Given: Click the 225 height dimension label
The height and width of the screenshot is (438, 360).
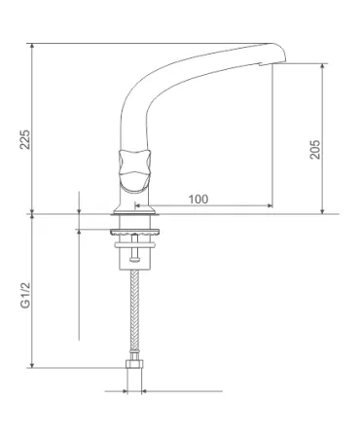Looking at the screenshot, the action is pyautogui.click(x=25, y=139).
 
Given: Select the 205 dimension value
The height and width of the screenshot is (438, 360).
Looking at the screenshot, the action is pyautogui.click(x=314, y=150).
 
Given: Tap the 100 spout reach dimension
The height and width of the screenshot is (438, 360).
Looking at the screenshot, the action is pyautogui.click(x=198, y=199).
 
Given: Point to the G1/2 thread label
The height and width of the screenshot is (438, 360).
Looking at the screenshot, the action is pyautogui.click(x=25, y=295).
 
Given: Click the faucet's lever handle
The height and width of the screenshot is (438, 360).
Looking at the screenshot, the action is pyautogui.click(x=134, y=168).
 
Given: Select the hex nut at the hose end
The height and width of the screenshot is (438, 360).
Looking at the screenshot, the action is pyautogui.click(x=134, y=364).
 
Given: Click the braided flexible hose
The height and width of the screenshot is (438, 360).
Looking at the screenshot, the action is pyautogui.click(x=134, y=311).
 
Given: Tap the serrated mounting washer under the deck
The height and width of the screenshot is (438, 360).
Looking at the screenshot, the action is pyautogui.click(x=134, y=232).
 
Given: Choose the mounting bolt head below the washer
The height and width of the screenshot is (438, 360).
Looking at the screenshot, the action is pyautogui.click(x=134, y=259).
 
